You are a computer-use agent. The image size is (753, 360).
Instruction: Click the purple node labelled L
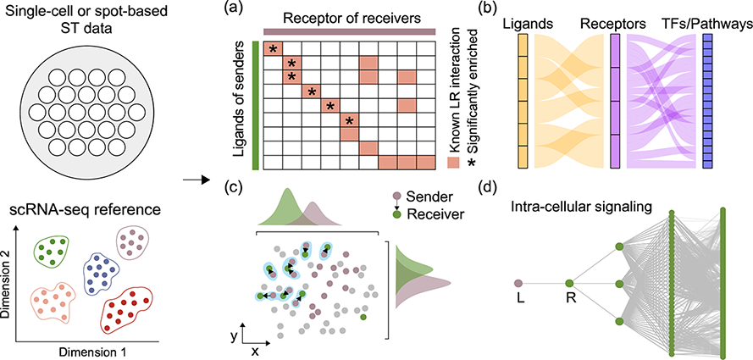(x=519, y=283)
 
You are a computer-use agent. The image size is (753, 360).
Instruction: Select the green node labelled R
(x=569, y=283)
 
